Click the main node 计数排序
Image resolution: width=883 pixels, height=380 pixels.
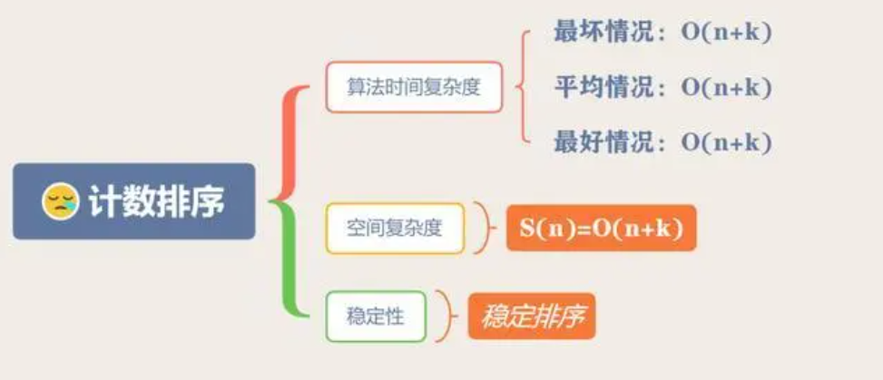pyautogui.click(x=134, y=201)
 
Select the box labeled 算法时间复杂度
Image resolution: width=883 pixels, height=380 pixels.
pyautogui.click(x=414, y=87)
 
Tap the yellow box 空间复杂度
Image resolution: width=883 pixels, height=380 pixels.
pyautogui.click(x=395, y=228)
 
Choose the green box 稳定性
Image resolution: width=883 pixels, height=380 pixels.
pyautogui.click(x=375, y=317)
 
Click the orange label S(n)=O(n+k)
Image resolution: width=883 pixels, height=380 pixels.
pyautogui.click(x=601, y=228)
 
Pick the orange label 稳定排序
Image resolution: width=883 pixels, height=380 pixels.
pyautogui.click(x=532, y=317)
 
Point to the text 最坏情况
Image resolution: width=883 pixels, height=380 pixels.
pyautogui.click(x=603, y=31)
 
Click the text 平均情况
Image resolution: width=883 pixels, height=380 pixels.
pyautogui.click(x=603, y=87)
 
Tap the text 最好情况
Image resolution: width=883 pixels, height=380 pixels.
pyautogui.click(x=603, y=142)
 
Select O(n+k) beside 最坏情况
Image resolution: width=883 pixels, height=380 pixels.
pyautogui.click(x=727, y=32)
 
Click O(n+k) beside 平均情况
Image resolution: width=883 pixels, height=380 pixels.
pyautogui.click(x=727, y=88)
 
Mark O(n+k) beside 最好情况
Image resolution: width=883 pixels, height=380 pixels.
pyautogui.click(x=727, y=143)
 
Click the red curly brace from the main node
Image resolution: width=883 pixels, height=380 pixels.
pyautogui.click(x=292, y=141)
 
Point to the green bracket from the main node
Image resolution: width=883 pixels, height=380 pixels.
pyautogui.click(x=292, y=263)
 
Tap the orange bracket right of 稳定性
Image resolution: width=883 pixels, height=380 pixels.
pyautogui.click(x=446, y=317)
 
